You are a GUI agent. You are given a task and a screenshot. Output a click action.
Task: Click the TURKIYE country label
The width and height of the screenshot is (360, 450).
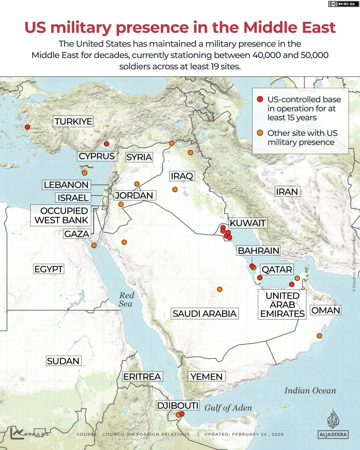click(73, 121)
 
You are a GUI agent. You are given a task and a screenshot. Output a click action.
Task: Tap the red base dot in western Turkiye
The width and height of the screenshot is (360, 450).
click(27, 127)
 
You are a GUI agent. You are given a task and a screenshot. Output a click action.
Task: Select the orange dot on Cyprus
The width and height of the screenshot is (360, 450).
click(85, 173)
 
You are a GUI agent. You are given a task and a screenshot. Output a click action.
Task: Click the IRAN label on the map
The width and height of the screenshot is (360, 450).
click(286, 192)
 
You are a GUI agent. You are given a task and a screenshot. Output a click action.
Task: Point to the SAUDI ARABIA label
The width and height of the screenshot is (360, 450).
click(204, 313)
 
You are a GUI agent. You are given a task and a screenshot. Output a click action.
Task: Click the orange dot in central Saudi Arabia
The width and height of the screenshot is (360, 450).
click(220, 289)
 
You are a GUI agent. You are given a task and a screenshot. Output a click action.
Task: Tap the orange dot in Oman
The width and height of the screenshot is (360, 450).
click(319, 336)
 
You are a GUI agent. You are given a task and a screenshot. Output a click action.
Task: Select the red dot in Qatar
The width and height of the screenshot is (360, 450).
click(260, 277)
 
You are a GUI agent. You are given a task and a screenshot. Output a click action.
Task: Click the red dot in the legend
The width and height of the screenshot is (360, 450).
click(260, 99)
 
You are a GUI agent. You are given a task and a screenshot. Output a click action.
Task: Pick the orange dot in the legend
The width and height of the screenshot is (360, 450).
click(260, 133)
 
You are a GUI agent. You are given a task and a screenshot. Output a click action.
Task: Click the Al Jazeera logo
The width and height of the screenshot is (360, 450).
click(333, 423)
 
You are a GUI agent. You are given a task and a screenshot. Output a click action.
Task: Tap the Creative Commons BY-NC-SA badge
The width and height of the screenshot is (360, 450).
click(341, 4)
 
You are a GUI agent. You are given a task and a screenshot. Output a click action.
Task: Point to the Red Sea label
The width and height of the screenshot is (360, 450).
click(126, 299)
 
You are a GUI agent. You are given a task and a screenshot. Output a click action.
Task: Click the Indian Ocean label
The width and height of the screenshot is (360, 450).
click(310, 391)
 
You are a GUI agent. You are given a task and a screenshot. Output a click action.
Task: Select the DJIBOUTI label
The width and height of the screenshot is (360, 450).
click(178, 406)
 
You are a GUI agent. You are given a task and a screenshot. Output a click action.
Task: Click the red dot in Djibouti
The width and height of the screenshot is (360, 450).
click(182, 414)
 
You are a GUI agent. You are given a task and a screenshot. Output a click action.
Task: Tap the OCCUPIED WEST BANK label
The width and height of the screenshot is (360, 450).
click(61, 215)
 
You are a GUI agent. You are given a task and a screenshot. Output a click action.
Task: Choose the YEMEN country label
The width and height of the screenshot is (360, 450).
click(206, 377)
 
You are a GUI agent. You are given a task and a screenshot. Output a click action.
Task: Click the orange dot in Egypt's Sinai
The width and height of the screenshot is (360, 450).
click(94, 245)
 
